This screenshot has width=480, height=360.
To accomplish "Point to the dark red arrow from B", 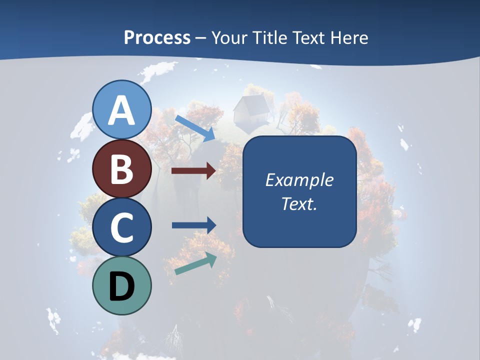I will pos(193,171).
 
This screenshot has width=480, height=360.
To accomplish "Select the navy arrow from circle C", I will pos(193,225).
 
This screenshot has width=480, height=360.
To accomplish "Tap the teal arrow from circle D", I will pos(196,263).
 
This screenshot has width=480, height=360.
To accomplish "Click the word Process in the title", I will pos(157,38).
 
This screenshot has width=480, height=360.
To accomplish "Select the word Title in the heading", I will pos(269,38).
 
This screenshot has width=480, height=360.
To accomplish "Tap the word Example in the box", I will pos(299,180).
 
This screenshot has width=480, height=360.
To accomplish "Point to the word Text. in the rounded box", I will pos(299,203).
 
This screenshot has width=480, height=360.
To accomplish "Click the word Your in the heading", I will pos(230,38).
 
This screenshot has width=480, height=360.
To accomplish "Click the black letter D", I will pos(122,286).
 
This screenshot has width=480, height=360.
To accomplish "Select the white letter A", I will pos(122,110).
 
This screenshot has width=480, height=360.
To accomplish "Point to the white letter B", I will pos(122,168).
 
